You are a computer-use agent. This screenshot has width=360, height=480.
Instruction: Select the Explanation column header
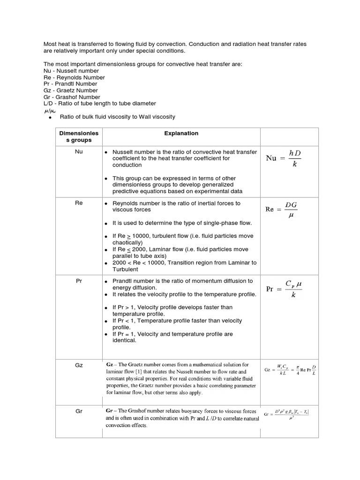(181, 133)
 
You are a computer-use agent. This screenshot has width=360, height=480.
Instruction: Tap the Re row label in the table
(78, 203)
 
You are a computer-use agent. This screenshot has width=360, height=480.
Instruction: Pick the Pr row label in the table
(78, 281)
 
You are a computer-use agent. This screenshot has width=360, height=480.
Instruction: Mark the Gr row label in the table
(78, 411)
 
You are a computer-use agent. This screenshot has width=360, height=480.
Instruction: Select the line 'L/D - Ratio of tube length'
(99, 103)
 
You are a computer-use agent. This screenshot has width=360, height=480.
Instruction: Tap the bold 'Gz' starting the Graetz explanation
(110, 364)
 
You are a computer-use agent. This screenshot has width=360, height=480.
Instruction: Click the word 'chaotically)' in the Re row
(127, 243)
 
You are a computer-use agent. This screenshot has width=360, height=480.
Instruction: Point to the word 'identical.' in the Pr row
(124, 341)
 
